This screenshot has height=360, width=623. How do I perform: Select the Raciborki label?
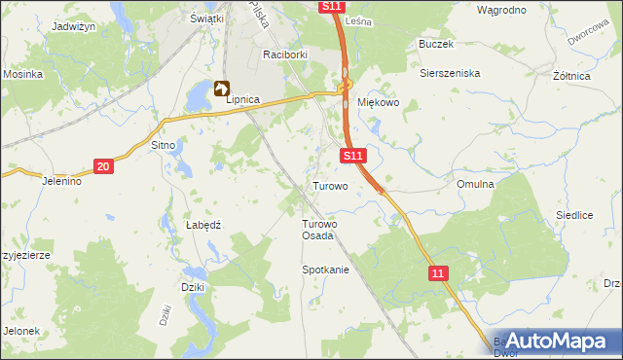(284, 55)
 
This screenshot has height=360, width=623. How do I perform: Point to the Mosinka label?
(21, 74)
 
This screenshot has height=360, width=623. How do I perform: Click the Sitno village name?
(163, 145)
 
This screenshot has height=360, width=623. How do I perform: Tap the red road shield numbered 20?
(104, 167)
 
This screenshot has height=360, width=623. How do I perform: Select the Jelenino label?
(61, 181)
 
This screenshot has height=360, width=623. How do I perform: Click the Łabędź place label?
(203, 225)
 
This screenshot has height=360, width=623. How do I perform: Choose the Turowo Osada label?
(317, 230)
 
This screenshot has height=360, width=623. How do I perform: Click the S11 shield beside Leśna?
(331, 7)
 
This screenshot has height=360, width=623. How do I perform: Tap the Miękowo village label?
(379, 104)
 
